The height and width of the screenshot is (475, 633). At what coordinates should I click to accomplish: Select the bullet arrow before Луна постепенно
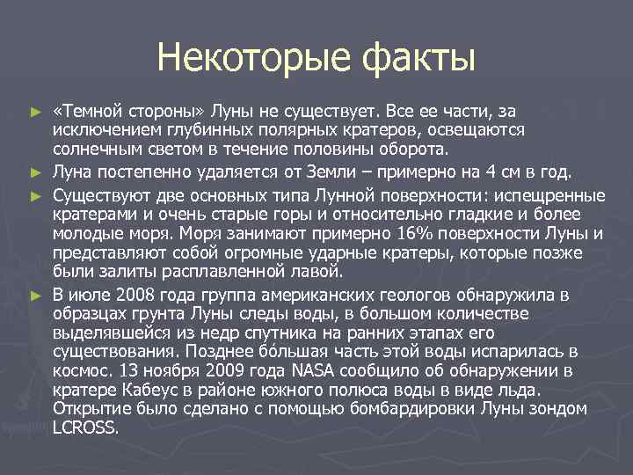(35, 171)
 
